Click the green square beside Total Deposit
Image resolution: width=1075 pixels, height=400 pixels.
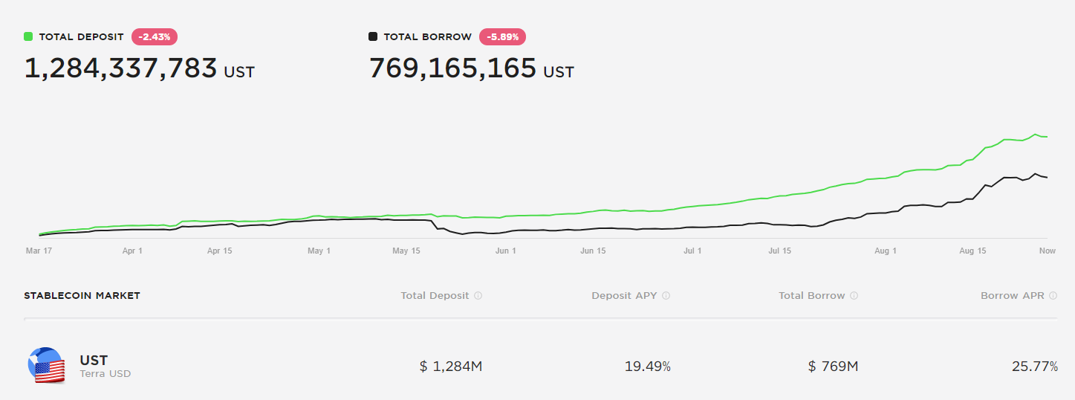[28, 36]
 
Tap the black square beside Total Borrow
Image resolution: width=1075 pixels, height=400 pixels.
[373, 36]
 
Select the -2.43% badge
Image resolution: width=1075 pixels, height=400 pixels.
[155, 36]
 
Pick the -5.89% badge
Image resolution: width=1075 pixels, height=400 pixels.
[503, 36]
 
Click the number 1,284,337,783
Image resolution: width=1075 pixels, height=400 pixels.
[121, 68]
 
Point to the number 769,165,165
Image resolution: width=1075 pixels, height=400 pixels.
[452, 68]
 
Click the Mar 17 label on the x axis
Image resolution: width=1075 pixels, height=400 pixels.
[38, 251]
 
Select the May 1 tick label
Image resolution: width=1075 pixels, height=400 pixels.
[319, 251]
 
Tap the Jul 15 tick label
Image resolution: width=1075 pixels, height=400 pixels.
[779, 251]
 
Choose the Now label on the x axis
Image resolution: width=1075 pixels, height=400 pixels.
[1047, 251]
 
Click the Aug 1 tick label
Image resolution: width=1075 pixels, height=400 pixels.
[885, 251]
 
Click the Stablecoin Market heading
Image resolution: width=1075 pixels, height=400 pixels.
[82, 295]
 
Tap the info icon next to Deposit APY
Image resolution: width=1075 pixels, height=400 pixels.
[666, 296]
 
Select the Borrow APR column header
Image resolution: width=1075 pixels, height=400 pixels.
[1012, 295]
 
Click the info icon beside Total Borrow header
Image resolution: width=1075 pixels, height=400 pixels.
[854, 296]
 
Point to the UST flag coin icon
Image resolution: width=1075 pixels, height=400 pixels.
[47, 365]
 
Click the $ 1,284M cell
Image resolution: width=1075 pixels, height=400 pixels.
[451, 367]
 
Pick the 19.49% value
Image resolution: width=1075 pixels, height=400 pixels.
[648, 367]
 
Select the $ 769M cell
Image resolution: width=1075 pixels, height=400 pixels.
[833, 367]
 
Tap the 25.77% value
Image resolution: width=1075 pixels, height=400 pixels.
[1034, 367]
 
